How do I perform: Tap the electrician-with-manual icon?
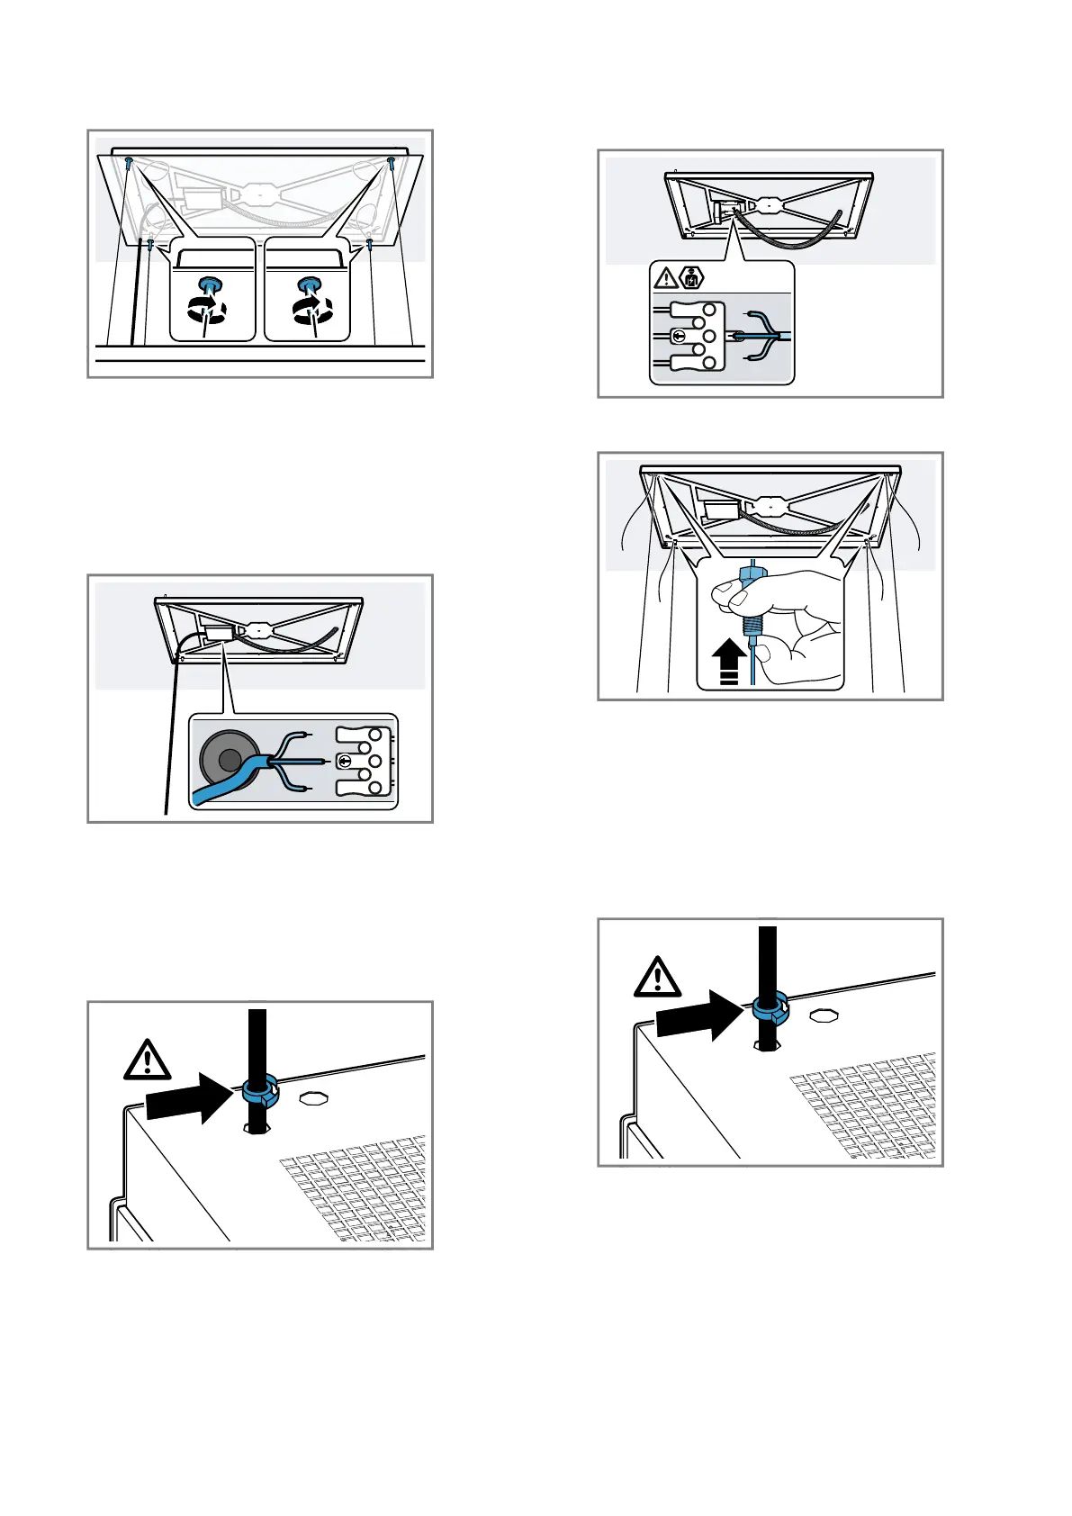click(691, 277)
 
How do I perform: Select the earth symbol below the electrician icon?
click(680, 337)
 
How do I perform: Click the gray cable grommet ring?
click(228, 761)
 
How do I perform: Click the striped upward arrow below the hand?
click(730, 662)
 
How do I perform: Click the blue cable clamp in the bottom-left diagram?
click(259, 1095)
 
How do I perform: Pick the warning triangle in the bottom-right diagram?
click(657, 977)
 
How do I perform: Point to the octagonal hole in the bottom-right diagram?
click(821, 1015)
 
